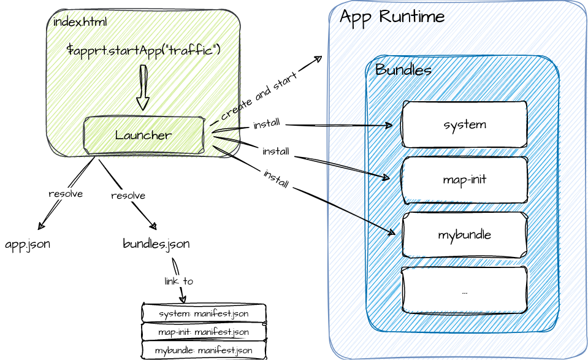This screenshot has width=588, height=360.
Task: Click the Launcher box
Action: point(143,135)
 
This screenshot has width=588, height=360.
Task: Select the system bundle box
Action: point(464,124)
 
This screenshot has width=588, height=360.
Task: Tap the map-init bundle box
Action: point(464,180)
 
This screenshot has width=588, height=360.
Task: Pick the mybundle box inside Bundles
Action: point(464,235)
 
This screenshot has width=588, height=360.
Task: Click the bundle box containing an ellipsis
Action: point(464,290)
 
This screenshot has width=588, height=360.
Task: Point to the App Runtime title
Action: point(392,17)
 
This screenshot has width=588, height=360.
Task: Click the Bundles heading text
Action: point(403,70)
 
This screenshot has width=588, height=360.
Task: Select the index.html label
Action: point(80,22)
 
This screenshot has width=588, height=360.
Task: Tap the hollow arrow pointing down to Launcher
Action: point(143,87)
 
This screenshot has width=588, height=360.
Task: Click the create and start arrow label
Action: point(259,96)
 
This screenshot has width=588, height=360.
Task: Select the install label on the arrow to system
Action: point(267,124)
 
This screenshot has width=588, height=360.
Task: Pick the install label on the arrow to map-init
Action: point(276,151)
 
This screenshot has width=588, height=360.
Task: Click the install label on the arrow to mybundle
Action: point(276,178)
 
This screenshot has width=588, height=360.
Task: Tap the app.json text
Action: point(28,244)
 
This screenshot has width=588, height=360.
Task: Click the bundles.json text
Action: point(156,244)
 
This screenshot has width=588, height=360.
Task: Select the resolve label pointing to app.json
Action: point(66,194)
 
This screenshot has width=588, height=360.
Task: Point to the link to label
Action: point(178,281)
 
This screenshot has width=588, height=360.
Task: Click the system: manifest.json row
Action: point(204,313)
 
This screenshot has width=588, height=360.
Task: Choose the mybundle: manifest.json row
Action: point(204,351)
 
